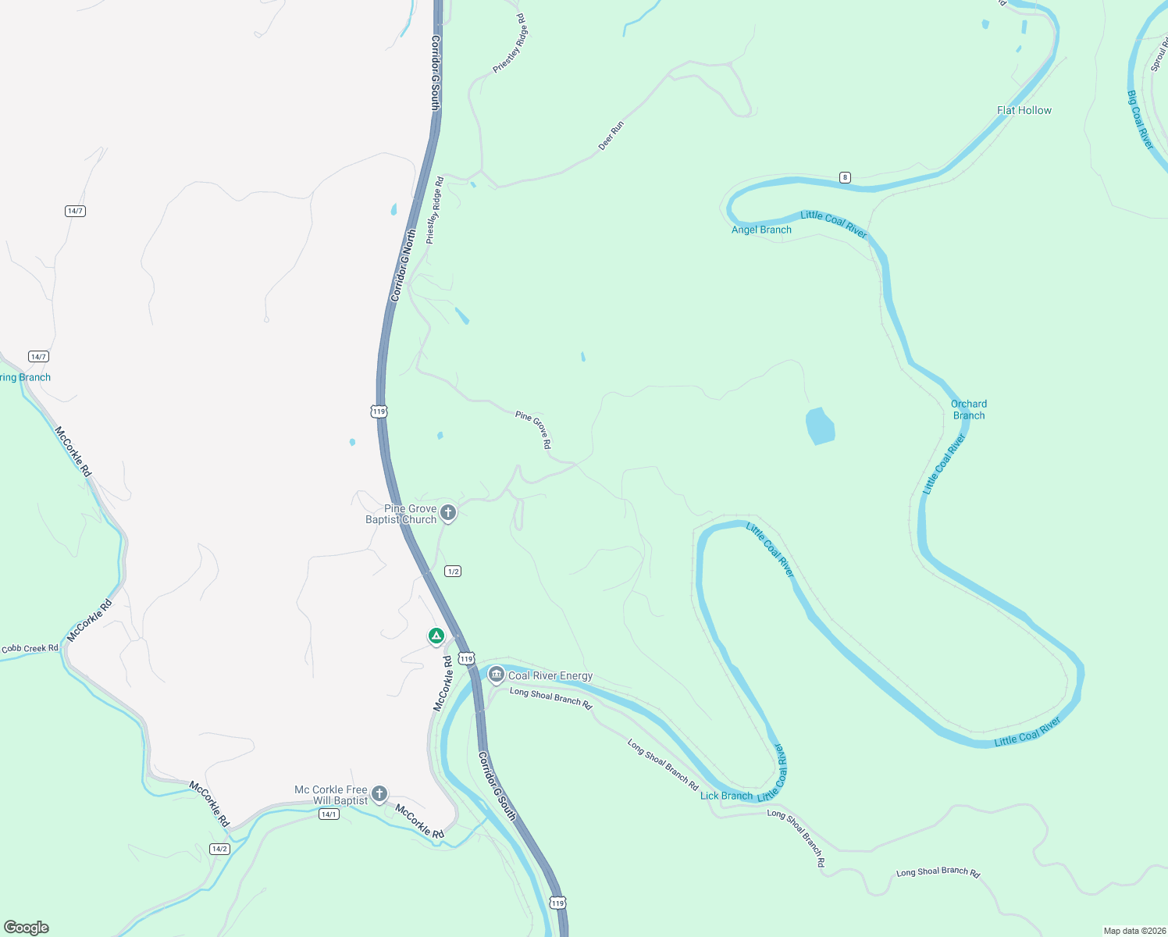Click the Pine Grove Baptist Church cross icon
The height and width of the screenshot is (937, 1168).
tap(448, 513)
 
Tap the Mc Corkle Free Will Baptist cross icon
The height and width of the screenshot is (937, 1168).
tap(379, 795)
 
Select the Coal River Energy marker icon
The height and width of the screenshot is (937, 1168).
tap(496, 675)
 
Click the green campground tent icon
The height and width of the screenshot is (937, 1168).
tap(436, 636)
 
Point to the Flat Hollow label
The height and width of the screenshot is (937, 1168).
tap(1024, 111)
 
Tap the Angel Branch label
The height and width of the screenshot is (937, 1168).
tap(761, 230)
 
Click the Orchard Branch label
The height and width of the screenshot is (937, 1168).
tap(968, 410)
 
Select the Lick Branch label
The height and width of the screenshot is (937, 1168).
tap(726, 796)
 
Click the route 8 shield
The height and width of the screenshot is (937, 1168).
tap(845, 177)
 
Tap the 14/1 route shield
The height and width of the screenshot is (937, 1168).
tap(329, 814)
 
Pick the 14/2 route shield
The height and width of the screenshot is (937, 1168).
tap(219, 849)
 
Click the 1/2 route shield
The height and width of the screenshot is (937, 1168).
tap(453, 572)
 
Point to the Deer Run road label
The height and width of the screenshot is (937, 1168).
tap(611, 135)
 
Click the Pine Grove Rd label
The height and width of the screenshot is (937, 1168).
tap(533, 429)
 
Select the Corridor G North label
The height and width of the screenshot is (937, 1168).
tap(403, 265)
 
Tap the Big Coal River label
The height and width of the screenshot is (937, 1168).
tap(1140, 119)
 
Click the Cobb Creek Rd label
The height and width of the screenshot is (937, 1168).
tap(30, 648)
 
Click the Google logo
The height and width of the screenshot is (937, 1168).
tap(27, 928)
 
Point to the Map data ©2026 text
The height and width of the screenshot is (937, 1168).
tap(1134, 931)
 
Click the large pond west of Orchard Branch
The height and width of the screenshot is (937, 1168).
tap(820, 426)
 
